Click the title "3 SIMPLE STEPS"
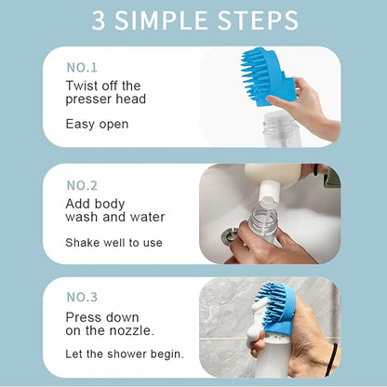(x=193, y=20)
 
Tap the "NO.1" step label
(x=83, y=68)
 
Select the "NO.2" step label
(x=83, y=183)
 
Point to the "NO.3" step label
(x=83, y=298)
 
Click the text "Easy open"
(x=97, y=123)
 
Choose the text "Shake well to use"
(x=114, y=242)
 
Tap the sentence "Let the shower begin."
(x=125, y=354)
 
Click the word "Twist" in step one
(x=82, y=86)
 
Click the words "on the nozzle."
(x=109, y=332)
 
